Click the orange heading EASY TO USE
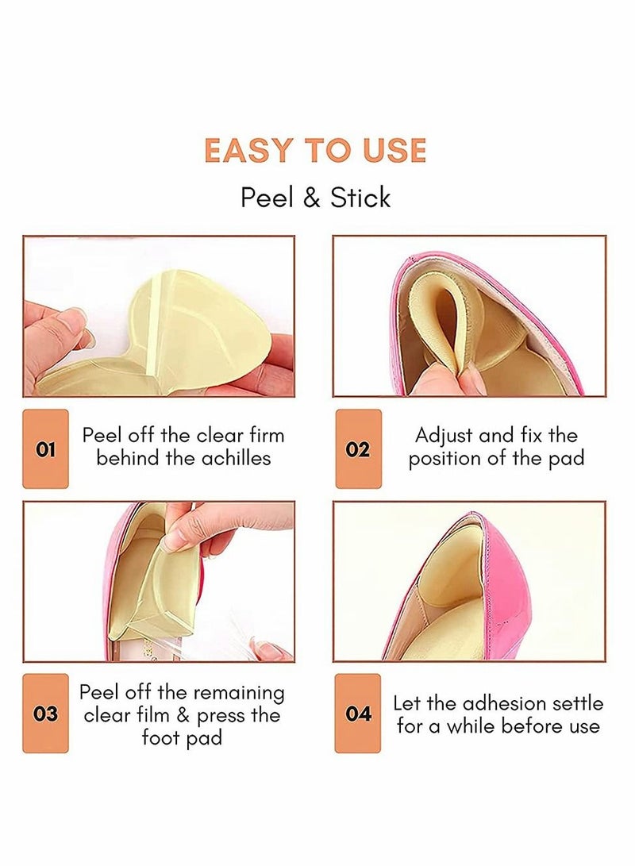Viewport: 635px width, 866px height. click(315, 151)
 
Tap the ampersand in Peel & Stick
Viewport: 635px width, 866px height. click(311, 198)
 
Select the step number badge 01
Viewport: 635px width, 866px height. click(46, 450)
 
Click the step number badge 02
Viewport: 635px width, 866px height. click(358, 450)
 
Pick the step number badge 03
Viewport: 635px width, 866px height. click(46, 714)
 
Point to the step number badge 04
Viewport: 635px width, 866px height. click(358, 714)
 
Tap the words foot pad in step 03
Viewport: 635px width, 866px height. click(182, 738)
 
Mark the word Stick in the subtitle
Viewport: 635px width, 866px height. click(360, 198)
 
